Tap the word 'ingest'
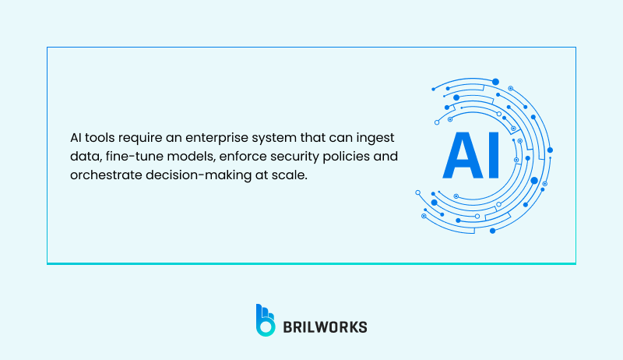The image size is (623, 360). point(377,138)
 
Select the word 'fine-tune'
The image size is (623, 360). point(127,157)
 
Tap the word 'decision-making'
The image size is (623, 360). point(195,175)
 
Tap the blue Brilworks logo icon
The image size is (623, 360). point(266,319)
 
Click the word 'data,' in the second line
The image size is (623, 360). point(83,157)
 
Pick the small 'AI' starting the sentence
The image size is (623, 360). point(76,138)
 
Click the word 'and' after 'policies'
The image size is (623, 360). point(387,157)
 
